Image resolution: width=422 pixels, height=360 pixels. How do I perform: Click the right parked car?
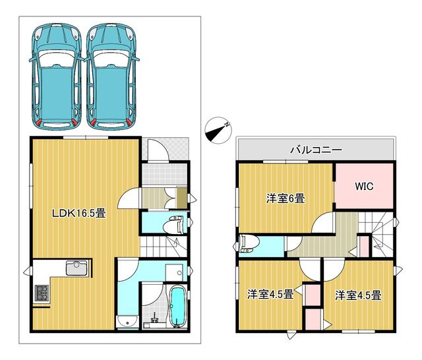click(x=112, y=76)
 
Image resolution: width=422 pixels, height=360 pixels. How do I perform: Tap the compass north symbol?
click(x=218, y=129)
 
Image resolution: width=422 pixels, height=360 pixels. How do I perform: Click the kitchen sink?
click(x=75, y=269)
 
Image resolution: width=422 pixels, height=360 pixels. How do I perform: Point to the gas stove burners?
click(x=41, y=291)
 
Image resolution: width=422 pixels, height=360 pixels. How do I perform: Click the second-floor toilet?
click(x=249, y=243)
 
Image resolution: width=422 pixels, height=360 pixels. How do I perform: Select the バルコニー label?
click(x=316, y=150)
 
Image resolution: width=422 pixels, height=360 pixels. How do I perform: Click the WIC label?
click(x=365, y=187)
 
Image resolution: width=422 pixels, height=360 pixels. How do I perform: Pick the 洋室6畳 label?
click(x=285, y=197)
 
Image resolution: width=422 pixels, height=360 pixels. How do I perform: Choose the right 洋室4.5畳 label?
click(x=358, y=295)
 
